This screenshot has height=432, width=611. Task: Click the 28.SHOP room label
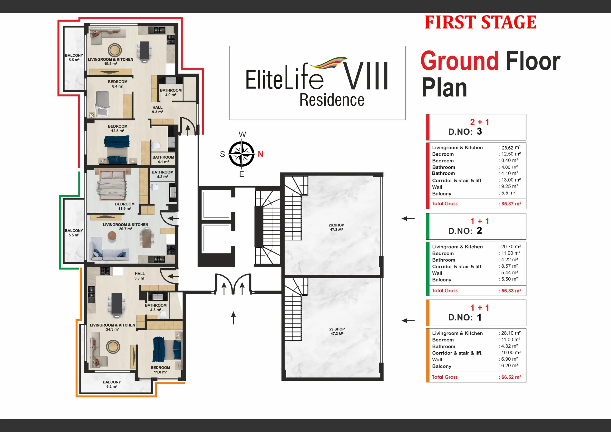pos(336,227)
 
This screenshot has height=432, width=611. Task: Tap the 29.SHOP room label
pos(337,331)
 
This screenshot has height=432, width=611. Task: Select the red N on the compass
pos(260,154)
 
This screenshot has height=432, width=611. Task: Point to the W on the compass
pos(242,135)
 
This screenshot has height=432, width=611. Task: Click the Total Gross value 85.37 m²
pos(510,204)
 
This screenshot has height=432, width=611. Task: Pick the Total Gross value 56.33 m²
pos(510,291)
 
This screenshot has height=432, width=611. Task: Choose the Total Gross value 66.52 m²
pos(510,377)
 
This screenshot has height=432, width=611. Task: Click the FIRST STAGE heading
pos(481,22)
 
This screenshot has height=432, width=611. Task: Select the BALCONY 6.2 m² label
pos(112,384)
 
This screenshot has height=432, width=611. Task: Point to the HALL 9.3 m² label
pos(157,110)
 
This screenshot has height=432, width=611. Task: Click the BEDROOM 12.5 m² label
pos(118,129)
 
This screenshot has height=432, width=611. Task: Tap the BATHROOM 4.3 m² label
pos(156,308)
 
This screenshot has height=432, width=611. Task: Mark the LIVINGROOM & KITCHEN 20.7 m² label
pos(126,227)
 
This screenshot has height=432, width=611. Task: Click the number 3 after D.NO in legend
pos(479,131)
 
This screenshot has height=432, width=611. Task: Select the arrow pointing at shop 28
pos(408,219)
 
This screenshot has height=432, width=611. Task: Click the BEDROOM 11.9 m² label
pos(125,206)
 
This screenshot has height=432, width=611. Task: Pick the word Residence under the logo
pos(332,100)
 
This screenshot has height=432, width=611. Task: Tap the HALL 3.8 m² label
pos(140,276)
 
